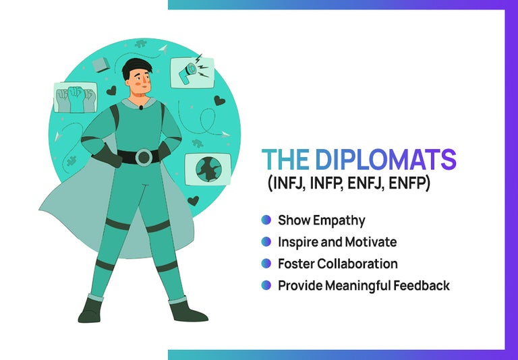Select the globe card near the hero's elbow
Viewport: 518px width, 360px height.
pyautogui.click(x=208, y=169)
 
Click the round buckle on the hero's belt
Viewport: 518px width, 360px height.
pyautogui.click(x=144, y=157)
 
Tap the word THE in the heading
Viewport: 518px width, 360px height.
pyautogui.click(x=284, y=160)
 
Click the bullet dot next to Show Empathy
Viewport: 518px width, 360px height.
pyautogui.click(x=266, y=220)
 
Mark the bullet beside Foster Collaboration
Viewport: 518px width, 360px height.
pyautogui.click(x=266, y=264)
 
